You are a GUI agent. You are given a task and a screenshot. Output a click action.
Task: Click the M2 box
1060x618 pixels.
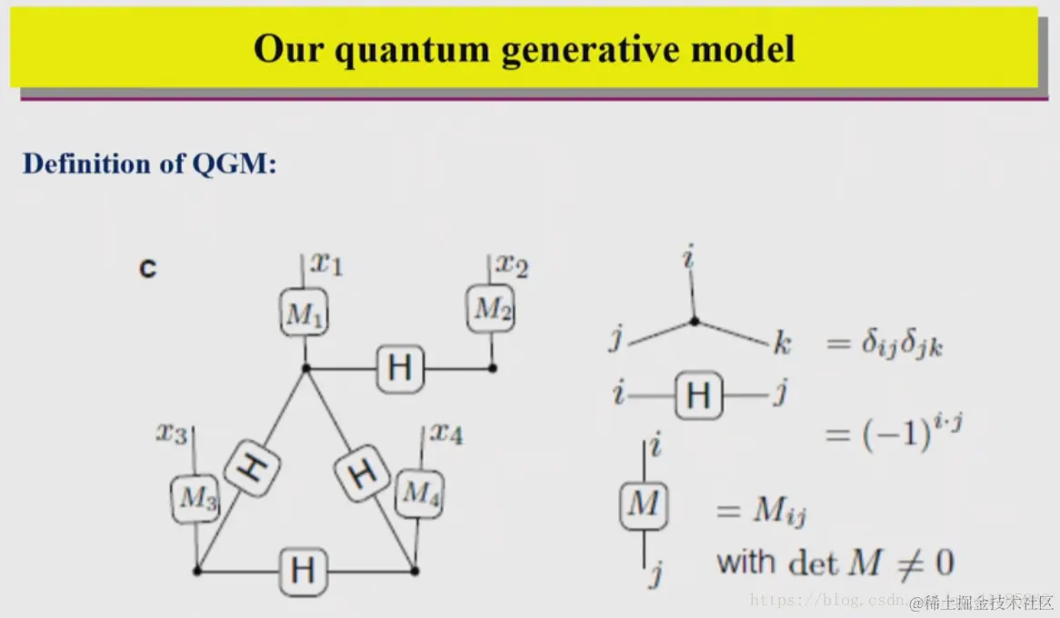(492, 309)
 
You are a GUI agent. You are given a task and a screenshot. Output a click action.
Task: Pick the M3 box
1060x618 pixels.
(195, 498)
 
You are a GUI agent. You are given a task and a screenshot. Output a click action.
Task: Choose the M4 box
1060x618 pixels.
(419, 492)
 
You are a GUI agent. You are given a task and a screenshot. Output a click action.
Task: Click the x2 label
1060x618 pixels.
(512, 265)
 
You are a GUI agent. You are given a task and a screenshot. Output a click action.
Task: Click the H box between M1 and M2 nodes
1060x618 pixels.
(399, 368)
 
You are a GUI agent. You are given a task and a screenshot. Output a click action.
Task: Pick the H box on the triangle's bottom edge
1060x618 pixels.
(303, 571)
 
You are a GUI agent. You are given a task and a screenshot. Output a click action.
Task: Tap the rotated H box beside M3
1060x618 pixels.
(250, 467)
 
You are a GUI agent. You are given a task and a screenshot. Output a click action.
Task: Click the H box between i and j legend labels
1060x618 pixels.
(698, 395)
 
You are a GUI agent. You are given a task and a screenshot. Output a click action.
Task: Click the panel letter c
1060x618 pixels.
(146, 268)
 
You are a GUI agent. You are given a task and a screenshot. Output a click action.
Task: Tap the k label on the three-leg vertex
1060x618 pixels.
(782, 344)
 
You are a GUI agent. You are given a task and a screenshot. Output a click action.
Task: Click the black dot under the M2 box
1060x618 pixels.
(493, 368)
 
